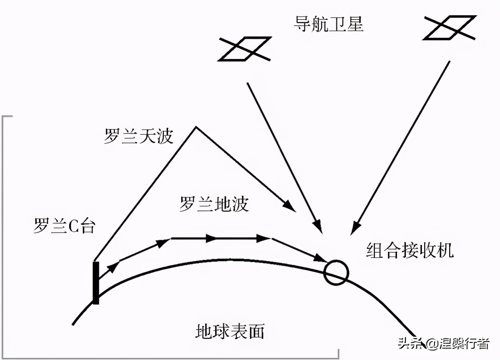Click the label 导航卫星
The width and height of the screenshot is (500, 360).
click(329, 24)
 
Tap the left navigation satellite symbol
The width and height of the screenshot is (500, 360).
click(245, 49)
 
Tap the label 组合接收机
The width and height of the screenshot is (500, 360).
click(410, 250)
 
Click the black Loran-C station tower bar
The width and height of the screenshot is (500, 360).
click(96, 283)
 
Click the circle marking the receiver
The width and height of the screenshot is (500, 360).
click(336, 273)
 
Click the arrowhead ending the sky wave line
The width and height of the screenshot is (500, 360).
click(290, 206)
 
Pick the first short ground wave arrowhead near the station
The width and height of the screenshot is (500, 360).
click(113, 267)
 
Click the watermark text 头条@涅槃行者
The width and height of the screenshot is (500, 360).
click(444, 344)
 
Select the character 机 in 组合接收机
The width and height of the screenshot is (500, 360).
click(445, 250)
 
